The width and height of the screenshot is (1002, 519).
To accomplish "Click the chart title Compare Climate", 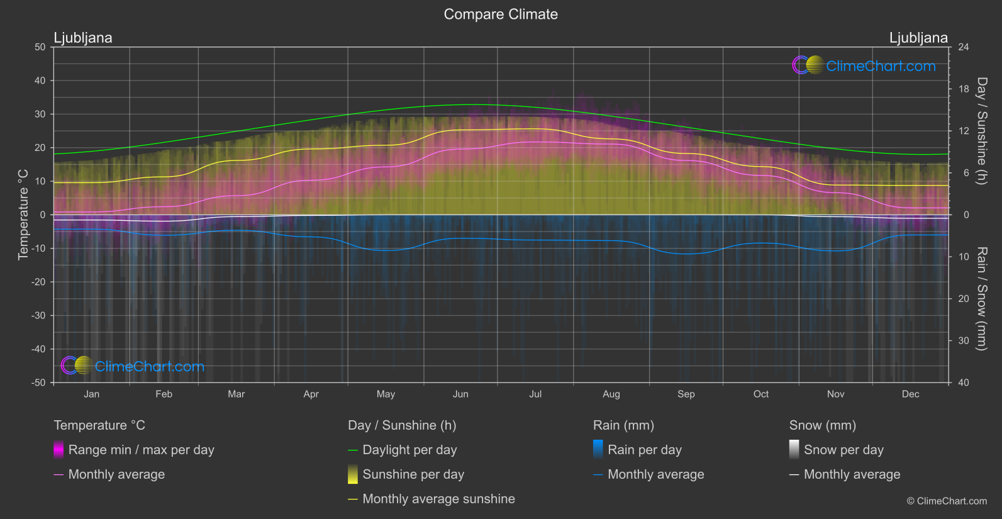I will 501,14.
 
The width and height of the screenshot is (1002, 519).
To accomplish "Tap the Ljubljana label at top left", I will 83,38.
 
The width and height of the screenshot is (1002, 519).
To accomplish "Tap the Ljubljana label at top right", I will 918,38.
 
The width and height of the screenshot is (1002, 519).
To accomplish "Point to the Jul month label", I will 535,394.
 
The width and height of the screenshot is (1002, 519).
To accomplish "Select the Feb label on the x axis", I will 164,394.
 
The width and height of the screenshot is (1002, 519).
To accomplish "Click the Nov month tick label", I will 835,394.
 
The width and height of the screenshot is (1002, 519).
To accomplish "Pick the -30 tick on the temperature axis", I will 38,316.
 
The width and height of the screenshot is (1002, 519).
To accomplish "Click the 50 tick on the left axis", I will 40,47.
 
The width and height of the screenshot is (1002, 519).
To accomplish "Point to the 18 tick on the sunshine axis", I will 964,89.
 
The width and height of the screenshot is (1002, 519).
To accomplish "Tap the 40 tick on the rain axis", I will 964,382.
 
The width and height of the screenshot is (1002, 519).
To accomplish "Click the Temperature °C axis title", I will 23,215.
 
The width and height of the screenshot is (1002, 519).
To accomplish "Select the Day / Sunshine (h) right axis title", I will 981,131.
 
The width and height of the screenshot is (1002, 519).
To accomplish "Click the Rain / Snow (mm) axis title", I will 981,299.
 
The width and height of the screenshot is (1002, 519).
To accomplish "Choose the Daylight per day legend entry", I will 409,450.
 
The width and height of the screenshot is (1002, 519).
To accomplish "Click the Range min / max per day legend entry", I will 141,450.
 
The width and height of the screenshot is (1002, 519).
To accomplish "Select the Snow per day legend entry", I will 843,450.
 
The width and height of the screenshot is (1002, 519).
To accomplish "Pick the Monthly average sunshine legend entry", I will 438,499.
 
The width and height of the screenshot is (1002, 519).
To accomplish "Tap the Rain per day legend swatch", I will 598,450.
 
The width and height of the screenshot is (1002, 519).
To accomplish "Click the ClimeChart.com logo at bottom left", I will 133,366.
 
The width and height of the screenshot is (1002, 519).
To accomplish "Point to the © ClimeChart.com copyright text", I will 947,501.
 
